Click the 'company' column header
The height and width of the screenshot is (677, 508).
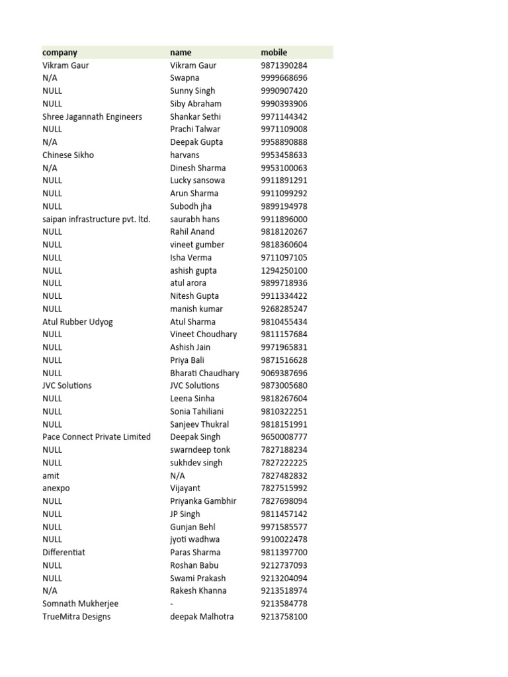60,52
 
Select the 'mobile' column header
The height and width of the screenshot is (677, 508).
274,52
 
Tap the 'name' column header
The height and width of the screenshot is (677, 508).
181,52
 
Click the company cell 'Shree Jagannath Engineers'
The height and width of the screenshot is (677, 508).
92,116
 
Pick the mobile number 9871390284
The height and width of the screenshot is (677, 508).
284,65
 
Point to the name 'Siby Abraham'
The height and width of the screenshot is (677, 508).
195,104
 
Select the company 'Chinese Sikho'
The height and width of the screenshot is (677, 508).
68,155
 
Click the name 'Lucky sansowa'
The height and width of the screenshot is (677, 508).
197,180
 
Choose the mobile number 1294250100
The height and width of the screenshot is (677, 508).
284,270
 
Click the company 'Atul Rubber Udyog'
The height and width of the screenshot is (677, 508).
77,322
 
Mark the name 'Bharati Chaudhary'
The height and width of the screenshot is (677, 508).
204,373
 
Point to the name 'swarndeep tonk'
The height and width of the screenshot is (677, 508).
200,450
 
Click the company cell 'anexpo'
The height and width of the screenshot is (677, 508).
56,488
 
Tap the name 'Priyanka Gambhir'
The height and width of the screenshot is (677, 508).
202,501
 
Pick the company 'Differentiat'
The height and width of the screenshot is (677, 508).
63,552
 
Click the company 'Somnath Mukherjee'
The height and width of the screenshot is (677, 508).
81,604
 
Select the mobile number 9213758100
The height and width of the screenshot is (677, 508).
284,617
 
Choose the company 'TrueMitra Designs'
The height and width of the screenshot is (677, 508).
76,617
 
